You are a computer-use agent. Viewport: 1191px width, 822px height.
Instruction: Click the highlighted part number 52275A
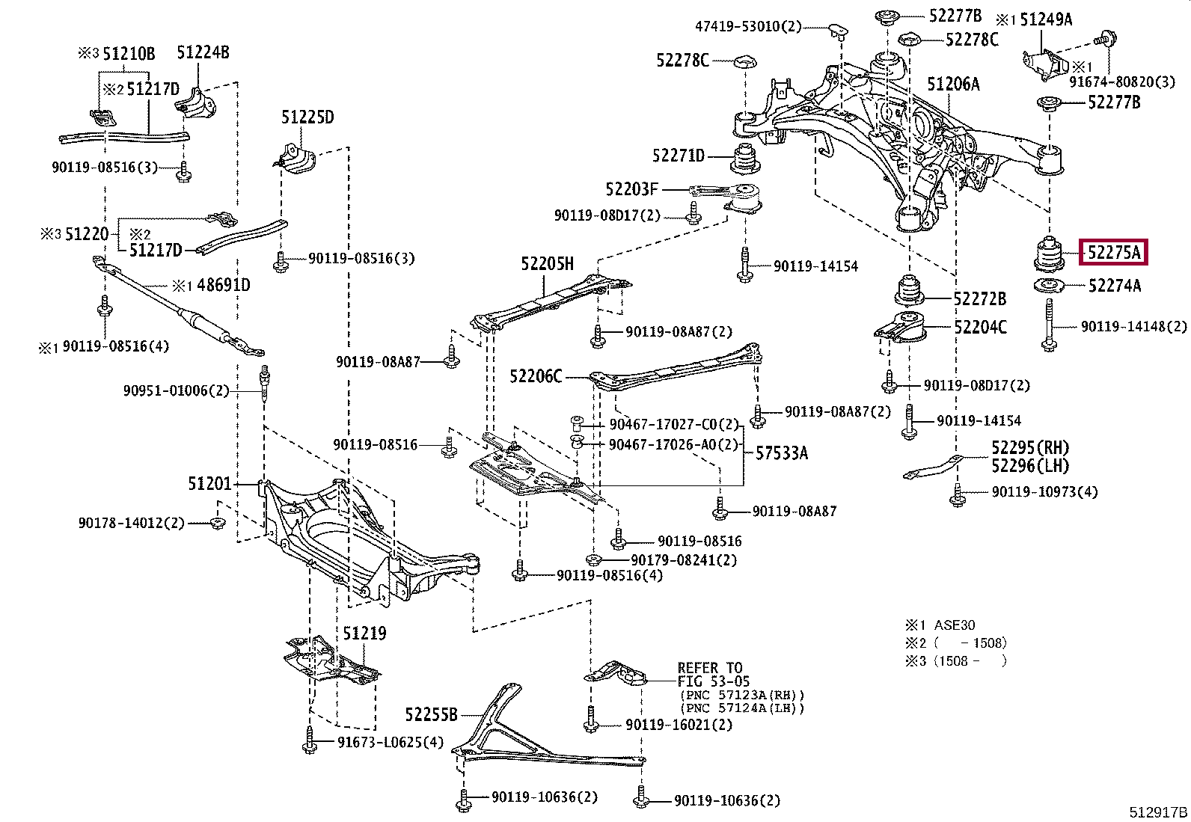coord(1113,252)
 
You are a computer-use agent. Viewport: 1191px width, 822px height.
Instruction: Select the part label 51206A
coord(953,85)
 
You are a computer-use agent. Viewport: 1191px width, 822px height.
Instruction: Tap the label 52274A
coord(1114,286)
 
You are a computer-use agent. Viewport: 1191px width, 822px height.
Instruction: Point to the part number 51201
coord(209,484)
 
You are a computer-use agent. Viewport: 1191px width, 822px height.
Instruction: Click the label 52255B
coord(431,715)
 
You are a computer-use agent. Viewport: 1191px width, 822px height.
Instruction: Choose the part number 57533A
coord(781,453)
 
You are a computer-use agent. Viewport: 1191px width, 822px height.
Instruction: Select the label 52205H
coord(547,264)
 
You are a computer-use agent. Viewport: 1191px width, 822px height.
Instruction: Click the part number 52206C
coord(536,376)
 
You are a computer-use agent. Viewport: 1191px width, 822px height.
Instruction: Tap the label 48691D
coord(223,285)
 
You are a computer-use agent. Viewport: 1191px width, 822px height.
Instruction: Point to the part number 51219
coord(364,634)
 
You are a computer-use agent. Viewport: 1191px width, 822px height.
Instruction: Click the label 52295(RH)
coord(1029,448)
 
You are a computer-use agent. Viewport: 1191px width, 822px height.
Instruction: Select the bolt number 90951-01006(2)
coord(176,390)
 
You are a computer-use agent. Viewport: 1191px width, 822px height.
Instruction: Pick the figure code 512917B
coord(1158,812)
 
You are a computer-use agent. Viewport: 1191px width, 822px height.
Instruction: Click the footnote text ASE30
coord(954,625)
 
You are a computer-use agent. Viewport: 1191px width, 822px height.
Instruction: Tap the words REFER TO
coord(709,668)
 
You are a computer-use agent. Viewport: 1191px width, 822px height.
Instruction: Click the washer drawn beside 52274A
coord(1050,286)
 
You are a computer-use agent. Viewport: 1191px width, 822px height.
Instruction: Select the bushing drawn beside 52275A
coord(1049,254)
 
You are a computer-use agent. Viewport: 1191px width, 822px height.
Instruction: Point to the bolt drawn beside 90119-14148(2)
coord(1049,325)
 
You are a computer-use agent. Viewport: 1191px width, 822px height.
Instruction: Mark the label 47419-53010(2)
coord(748,27)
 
